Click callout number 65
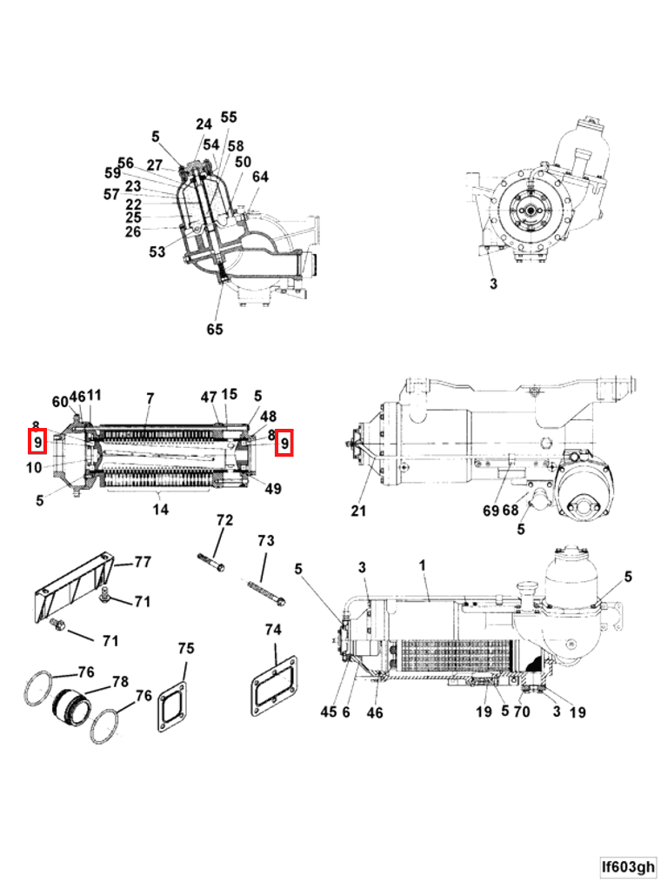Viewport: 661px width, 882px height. coord(215,329)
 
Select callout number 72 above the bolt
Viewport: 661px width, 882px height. coord(224,520)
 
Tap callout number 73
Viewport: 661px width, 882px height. coord(265,540)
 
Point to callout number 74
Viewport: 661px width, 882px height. coord(273,630)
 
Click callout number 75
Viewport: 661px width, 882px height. coord(185,649)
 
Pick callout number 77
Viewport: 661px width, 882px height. coord(143,562)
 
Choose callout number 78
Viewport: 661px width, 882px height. coord(120,682)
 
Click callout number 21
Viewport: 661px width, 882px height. coord(358,511)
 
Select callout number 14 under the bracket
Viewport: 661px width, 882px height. coord(160,509)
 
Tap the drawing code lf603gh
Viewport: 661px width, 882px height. coord(628,866)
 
